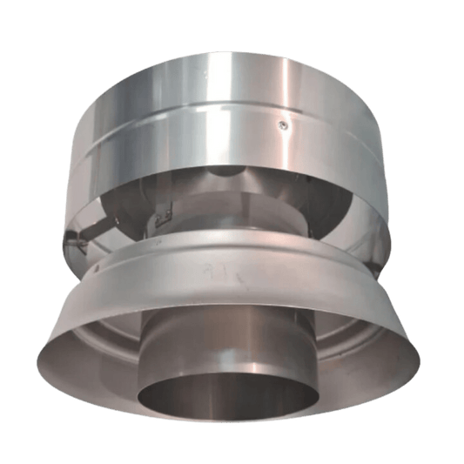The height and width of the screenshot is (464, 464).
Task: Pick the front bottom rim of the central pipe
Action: [232, 434]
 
